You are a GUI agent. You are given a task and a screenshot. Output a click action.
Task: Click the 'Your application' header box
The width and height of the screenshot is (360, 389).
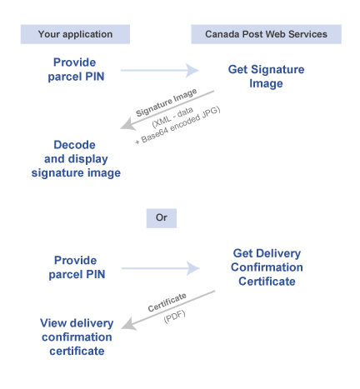(75, 34)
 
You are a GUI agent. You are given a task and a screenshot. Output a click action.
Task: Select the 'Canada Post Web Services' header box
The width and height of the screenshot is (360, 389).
(266, 34)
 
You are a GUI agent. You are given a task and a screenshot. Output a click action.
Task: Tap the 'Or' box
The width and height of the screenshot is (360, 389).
(162, 218)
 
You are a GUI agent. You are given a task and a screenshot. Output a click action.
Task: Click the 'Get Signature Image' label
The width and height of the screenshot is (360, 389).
(266, 77)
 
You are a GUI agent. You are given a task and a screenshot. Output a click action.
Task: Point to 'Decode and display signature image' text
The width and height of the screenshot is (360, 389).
(76, 159)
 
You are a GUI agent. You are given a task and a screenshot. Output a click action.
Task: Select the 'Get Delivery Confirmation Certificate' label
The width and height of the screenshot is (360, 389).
(267, 267)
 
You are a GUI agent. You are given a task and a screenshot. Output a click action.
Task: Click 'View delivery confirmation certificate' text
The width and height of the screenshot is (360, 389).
(77, 337)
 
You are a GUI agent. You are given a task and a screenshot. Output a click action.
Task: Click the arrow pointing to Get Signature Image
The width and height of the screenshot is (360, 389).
(160, 70)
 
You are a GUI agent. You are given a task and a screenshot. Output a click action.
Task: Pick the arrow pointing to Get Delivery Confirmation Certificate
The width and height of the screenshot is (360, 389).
(161, 268)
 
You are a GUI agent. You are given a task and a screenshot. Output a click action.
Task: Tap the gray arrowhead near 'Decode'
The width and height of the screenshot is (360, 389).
(127, 124)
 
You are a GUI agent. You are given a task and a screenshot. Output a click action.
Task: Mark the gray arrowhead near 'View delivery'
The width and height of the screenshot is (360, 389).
(128, 324)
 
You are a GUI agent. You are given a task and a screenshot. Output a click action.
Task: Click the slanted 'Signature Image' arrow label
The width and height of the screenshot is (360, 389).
(167, 102)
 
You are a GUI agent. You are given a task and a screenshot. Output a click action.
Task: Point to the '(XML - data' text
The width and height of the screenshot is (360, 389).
(172, 117)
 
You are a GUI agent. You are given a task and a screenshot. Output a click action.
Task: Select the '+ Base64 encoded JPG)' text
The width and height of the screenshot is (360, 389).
(177, 126)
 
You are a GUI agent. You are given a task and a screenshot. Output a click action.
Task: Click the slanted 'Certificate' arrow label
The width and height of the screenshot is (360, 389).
(167, 302)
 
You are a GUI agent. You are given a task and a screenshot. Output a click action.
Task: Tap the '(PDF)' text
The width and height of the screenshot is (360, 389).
(174, 317)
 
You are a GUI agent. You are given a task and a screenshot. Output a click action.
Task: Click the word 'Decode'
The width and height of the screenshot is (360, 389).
(74, 145)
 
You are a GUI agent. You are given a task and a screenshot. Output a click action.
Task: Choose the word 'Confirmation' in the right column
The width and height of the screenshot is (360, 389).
(267, 267)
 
